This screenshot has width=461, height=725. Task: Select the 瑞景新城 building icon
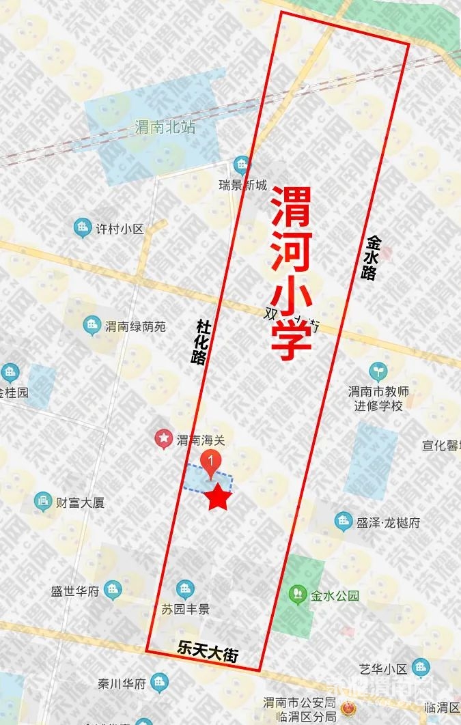coord(241,164)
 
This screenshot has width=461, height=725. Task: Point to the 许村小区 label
coord(120,229)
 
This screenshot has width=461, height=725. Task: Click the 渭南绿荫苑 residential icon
coord(92,326)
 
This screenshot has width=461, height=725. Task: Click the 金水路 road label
coord(372,259)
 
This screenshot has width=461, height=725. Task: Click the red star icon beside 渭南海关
coord(164,438)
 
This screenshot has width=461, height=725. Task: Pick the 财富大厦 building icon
coord(43,502)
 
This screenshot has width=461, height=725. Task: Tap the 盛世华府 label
coord(75,591)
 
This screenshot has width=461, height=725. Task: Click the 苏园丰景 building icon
coord(184,588)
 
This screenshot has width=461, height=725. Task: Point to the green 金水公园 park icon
coord(297,594)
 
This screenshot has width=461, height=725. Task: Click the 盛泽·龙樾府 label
coord(388,523)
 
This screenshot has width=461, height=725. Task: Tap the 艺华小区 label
coord(383,668)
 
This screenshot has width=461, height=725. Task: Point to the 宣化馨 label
coord(441,446)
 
